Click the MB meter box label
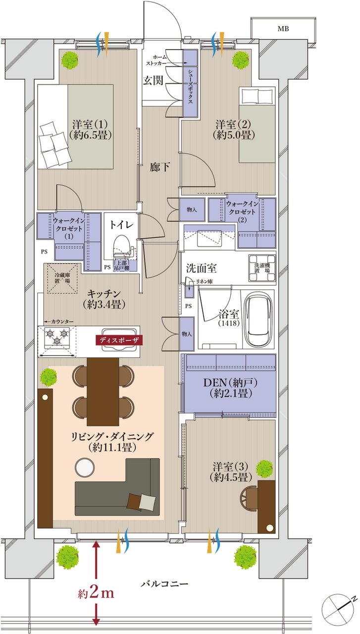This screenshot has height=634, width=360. [283, 29]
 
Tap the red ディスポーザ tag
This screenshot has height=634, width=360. [119, 340]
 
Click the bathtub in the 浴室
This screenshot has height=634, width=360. [258, 318]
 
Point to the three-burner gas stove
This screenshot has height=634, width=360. [57, 341]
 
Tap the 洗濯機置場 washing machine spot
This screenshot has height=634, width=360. [262, 268]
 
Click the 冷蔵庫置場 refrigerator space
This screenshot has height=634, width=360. [62, 279]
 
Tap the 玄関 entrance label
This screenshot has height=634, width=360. [153, 81]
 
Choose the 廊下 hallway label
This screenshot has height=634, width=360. [160, 167]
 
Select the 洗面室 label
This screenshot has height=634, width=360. [201, 268]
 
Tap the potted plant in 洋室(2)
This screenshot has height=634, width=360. [241, 60]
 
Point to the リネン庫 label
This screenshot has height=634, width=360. [204, 281]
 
